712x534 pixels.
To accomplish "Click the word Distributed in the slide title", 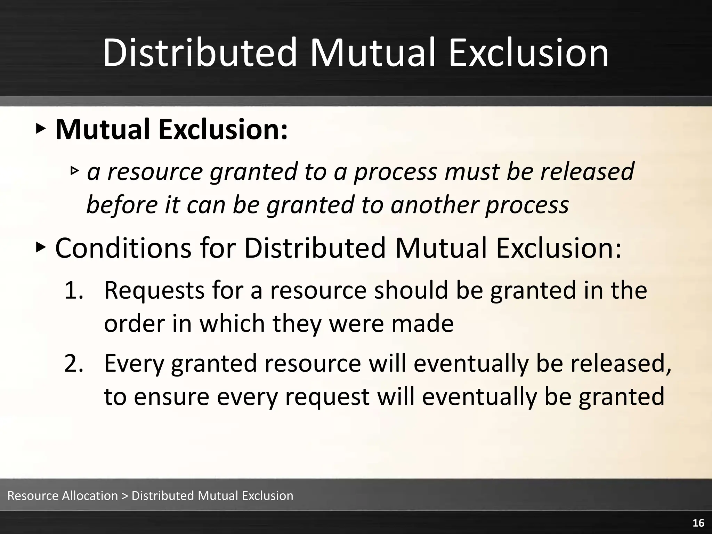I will coord(199,53).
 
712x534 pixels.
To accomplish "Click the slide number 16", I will coord(698,523).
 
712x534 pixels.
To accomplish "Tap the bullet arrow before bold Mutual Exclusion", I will coord(40,129).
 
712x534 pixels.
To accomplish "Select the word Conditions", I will coord(123,248).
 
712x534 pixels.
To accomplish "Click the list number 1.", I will coord(73,290).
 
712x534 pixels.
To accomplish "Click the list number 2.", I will coord(74,363).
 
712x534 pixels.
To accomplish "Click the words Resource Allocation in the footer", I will coord(63,495).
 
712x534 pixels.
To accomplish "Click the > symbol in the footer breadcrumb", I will coord(125,496).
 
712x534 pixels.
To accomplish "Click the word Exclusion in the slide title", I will coord(528,53).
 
